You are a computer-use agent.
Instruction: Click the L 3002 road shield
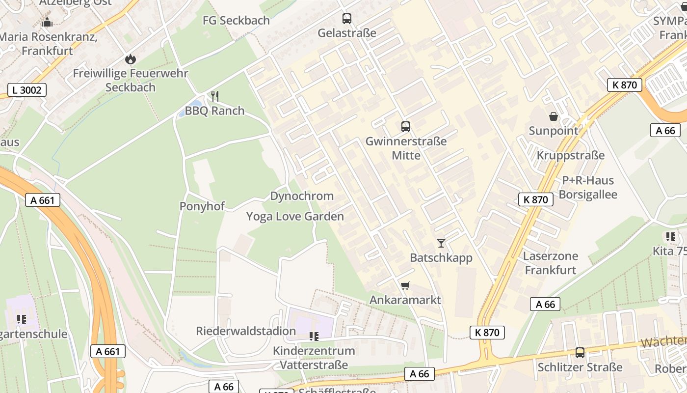point(27,90)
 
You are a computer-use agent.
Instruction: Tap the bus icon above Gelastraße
point(347,19)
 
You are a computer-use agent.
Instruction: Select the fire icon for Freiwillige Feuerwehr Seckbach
point(130,59)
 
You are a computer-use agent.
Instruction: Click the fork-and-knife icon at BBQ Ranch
point(214,96)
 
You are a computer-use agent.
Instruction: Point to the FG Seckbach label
point(236,21)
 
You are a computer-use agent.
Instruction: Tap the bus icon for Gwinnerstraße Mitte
point(406,127)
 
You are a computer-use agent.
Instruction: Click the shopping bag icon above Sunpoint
point(554,116)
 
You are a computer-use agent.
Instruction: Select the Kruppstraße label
point(570,155)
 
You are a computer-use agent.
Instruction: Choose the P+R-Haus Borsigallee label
point(588,187)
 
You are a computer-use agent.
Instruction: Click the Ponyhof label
point(202,206)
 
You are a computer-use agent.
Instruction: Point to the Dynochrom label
point(302,196)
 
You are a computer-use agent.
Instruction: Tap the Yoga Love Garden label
point(295,217)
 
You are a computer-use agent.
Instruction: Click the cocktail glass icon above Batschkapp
point(441,243)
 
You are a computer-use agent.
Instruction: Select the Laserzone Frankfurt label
point(550,263)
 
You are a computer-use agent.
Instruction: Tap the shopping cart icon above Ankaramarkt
point(405,285)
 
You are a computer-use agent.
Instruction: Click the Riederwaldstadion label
point(246,331)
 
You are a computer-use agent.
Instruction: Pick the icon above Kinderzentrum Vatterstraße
point(314,337)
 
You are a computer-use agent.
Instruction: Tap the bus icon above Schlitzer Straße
point(580,352)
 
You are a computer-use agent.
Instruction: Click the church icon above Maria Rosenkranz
point(47,22)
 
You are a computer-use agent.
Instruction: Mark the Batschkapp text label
point(441,258)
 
